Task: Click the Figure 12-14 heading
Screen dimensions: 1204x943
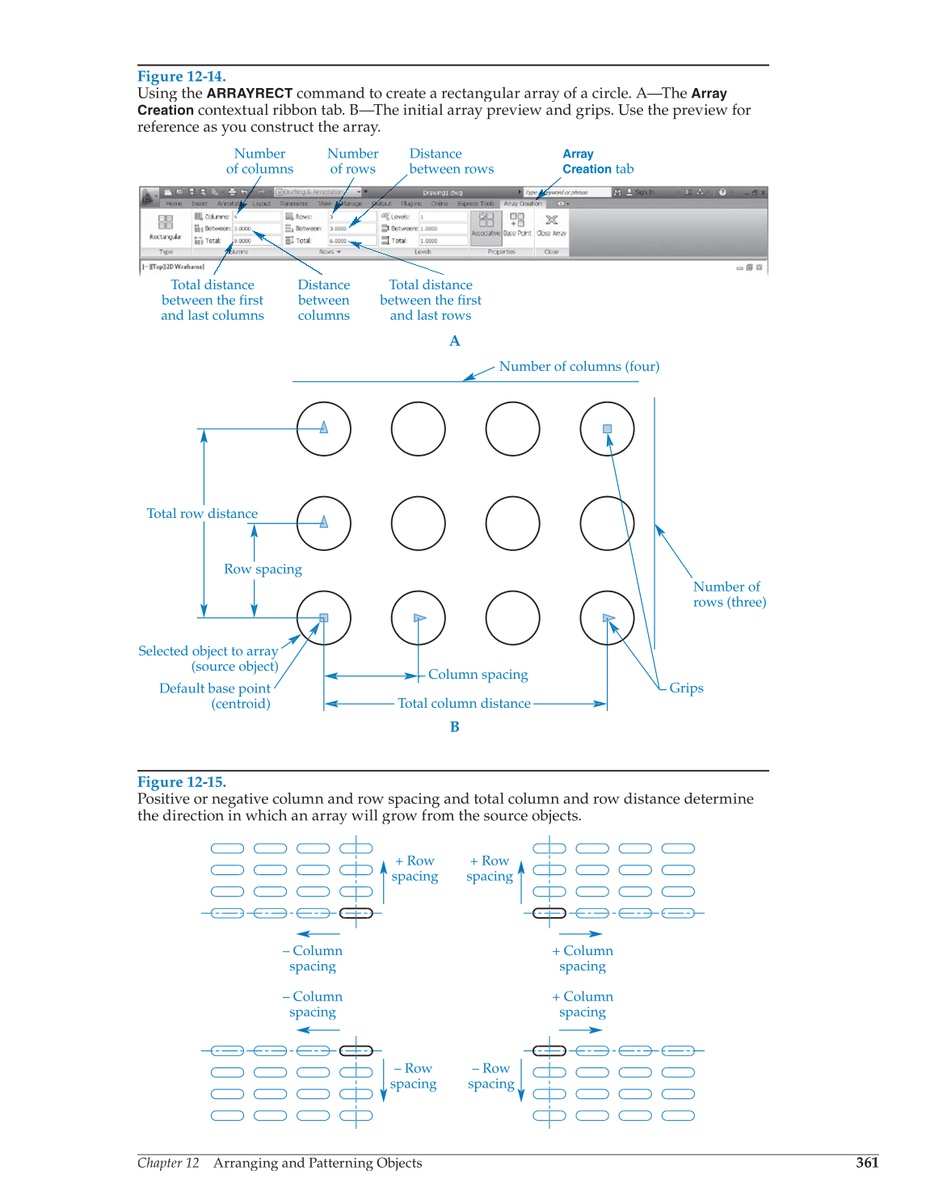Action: pos(181,77)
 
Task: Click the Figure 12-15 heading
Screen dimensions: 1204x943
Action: pos(181,781)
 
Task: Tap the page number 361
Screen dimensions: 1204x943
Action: pos(867,1163)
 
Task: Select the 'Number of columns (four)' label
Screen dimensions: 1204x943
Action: pos(579,366)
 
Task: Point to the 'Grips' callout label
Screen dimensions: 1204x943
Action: pos(686,688)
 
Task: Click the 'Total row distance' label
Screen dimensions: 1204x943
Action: pos(202,513)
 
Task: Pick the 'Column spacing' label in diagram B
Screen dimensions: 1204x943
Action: pos(478,674)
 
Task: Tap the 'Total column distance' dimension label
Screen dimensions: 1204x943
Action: pos(464,703)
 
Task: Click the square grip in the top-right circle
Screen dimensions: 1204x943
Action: pos(608,429)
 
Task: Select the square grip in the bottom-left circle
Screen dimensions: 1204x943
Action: pos(324,618)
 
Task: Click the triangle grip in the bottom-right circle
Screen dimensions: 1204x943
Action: pos(608,618)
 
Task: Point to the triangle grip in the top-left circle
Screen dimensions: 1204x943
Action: pos(324,427)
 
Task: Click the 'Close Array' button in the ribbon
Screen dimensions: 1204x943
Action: pos(552,224)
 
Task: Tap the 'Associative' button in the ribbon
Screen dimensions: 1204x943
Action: pos(486,224)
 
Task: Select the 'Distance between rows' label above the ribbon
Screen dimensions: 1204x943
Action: pos(451,161)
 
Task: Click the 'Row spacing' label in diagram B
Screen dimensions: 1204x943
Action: pos(263,569)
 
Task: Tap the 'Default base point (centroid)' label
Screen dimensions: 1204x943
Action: pos(215,696)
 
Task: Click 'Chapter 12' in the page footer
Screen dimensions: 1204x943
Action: pos(168,1163)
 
